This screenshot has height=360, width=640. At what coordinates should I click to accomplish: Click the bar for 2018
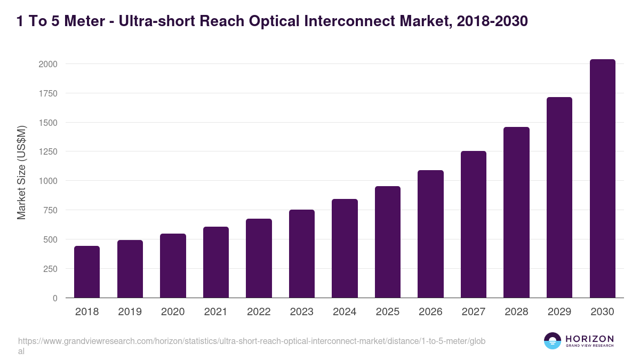click(87, 271)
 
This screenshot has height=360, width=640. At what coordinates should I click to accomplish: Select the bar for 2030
click(602, 179)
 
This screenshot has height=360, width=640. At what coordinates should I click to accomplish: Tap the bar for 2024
click(345, 248)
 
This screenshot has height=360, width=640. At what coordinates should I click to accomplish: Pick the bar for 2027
click(474, 224)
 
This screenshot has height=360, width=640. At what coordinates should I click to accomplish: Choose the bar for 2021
click(216, 262)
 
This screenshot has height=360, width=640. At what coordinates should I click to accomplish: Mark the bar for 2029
click(559, 197)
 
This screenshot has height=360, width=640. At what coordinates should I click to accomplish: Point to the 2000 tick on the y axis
click(47, 64)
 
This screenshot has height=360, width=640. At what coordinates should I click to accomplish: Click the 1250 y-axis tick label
click(47, 151)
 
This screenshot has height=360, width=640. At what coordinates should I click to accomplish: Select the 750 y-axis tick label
click(50, 210)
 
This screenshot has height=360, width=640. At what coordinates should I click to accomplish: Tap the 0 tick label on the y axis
click(55, 298)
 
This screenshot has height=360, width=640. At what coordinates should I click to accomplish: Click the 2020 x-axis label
click(173, 312)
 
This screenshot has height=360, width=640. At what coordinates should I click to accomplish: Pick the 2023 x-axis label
click(302, 312)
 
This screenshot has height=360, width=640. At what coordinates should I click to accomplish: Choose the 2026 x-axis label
click(430, 312)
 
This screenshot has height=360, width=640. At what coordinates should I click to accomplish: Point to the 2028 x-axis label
click(516, 312)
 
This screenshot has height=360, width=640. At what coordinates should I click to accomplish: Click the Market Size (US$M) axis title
click(21, 173)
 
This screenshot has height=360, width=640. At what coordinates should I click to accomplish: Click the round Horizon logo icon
click(553, 341)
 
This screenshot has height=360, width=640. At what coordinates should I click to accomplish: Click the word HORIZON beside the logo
click(589, 339)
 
